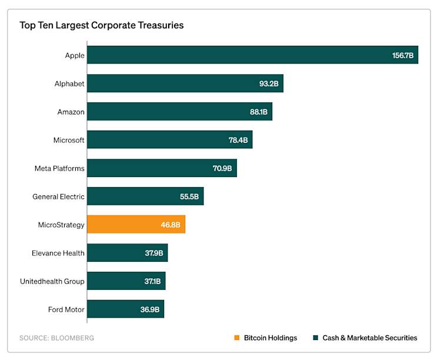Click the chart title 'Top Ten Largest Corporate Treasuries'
click(x=102, y=25)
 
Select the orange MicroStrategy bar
click(x=136, y=224)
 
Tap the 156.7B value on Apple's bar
click(x=403, y=55)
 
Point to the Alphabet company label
click(x=69, y=84)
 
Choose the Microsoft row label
click(x=69, y=140)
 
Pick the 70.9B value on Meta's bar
click(x=222, y=168)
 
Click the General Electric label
click(x=58, y=196)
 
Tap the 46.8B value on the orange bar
click(x=171, y=225)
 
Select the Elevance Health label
click(x=58, y=253)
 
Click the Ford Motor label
click(x=66, y=309)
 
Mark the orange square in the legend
click(x=236, y=338)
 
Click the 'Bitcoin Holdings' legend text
click(x=270, y=338)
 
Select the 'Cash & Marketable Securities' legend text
click(x=370, y=338)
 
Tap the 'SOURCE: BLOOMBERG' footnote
click(x=56, y=338)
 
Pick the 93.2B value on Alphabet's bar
click(x=269, y=84)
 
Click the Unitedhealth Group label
click(x=52, y=281)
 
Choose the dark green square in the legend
click(x=315, y=338)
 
